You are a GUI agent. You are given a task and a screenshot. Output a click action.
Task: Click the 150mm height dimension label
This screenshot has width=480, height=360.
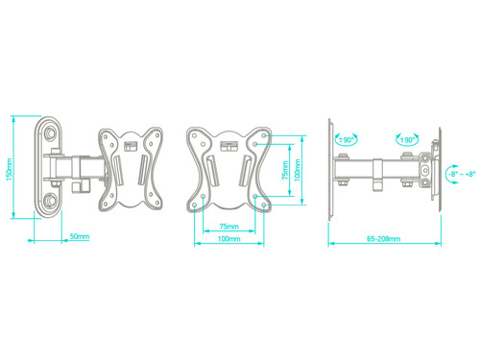click(x=9, y=169)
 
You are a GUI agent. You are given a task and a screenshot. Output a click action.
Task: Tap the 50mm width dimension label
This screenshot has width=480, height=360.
click(x=80, y=236)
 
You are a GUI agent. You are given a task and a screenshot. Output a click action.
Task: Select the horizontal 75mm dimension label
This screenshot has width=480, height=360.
click(x=229, y=227)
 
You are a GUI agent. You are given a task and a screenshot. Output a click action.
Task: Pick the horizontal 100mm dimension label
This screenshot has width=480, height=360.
click(x=229, y=239)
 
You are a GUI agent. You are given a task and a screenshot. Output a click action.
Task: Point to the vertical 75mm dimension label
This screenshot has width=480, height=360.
click(x=285, y=170)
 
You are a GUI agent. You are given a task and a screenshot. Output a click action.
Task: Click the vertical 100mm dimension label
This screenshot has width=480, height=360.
click(x=298, y=170)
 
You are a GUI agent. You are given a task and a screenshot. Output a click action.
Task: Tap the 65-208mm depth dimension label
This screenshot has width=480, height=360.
click(x=383, y=239)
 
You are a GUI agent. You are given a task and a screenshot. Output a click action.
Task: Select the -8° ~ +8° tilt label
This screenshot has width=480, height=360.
click(x=462, y=174)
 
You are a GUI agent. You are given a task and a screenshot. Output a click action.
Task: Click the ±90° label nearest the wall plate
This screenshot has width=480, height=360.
click(x=346, y=140)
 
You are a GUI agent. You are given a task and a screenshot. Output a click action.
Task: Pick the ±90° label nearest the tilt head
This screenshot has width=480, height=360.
click(x=407, y=140)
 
